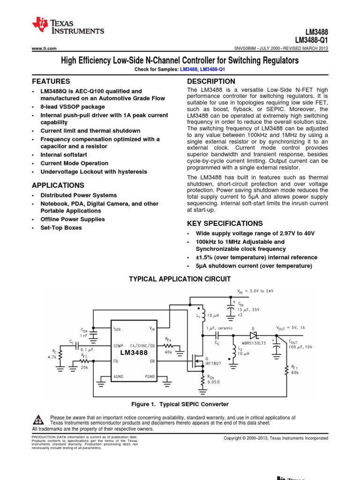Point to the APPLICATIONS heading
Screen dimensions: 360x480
click(58, 185)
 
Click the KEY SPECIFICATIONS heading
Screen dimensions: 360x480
click(225, 223)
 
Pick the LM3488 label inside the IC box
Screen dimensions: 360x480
click(134, 352)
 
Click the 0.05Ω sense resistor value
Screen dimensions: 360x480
click(214, 382)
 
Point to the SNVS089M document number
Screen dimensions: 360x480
click(248, 48)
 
